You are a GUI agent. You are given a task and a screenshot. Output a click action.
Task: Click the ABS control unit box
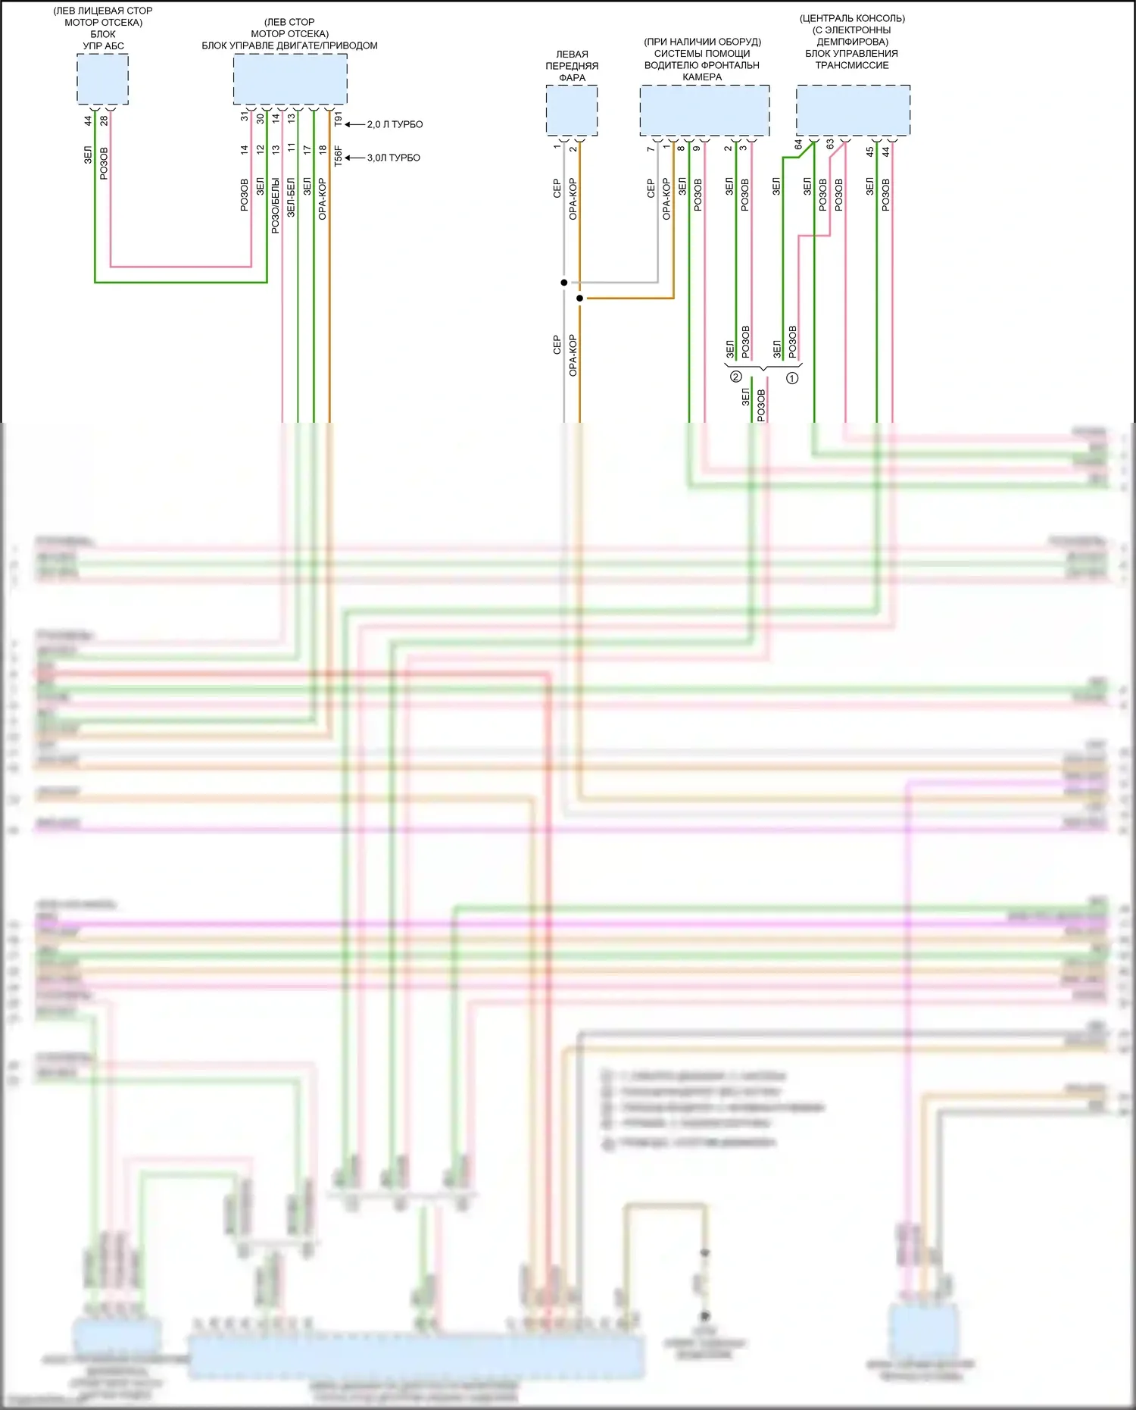[102, 80]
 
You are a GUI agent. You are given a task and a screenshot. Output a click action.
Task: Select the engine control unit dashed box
[290, 79]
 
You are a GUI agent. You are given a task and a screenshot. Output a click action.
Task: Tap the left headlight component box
[572, 111]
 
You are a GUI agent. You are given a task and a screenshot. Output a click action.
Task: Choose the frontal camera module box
[704, 111]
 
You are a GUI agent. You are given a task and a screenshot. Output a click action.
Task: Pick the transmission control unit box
[853, 111]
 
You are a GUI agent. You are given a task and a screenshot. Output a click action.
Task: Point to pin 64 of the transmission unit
[798, 144]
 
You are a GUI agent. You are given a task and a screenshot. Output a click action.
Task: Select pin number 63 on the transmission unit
[830, 144]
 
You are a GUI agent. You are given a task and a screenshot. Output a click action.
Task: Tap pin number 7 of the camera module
[651, 149]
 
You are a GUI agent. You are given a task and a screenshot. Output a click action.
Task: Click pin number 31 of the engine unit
[245, 117]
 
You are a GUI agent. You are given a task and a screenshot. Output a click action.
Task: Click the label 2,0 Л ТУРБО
[395, 124]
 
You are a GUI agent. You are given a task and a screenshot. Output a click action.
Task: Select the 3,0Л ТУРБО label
[393, 158]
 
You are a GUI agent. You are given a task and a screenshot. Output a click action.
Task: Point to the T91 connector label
[338, 119]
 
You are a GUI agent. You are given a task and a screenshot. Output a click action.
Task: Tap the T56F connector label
[338, 156]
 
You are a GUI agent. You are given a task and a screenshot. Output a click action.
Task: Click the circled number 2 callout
[735, 377]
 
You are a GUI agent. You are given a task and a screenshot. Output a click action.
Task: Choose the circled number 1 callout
[792, 377]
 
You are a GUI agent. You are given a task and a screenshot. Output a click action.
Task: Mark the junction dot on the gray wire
[564, 283]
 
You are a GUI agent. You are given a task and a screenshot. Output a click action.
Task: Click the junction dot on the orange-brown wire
[580, 299]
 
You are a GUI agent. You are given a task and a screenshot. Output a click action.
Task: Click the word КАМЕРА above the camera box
[702, 77]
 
